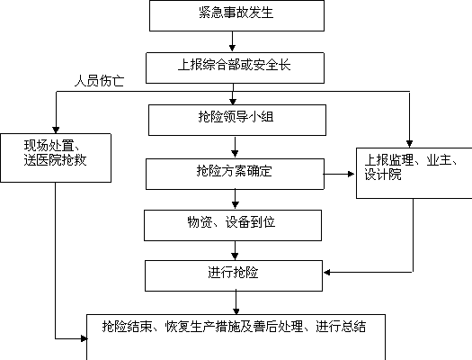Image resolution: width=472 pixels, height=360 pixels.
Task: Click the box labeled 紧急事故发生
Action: pos(236,15)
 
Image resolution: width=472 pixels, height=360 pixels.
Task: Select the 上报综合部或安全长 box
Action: pos(235,68)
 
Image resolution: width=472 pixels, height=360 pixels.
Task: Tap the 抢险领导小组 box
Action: pos(237,121)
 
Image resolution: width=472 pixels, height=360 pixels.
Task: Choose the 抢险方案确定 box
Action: pos(235,174)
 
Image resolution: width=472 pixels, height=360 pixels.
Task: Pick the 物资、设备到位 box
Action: pos(233,225)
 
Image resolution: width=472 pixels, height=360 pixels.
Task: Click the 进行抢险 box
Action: pos(234,276)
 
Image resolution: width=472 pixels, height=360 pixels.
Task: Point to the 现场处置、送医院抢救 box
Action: pos(56,157)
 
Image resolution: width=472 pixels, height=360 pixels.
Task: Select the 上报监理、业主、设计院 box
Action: pos(414,173)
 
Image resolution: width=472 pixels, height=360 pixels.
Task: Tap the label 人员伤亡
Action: pos(99,81)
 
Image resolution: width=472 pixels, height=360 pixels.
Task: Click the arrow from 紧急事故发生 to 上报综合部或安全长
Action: pos(232,41)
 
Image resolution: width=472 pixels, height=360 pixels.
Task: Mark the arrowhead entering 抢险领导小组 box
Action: pos(233,102)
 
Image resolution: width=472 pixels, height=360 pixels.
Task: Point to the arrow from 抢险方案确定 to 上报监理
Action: pos(339,174)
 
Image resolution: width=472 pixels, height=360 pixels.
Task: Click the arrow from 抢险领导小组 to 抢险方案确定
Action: pos(235,147)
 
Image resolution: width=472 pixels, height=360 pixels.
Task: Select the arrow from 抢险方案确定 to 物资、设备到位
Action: pos(235,199)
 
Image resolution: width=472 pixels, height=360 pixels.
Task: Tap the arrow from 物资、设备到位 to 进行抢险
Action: pos(235,250)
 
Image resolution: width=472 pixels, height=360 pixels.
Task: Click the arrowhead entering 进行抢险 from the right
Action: pos(327,273)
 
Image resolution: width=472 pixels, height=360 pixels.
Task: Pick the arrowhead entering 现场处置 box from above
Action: pos(56,130)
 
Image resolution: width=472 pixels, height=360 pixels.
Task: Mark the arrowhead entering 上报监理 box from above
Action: pos(409,144)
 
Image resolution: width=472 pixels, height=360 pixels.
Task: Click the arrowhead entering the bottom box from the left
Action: pos(84,338)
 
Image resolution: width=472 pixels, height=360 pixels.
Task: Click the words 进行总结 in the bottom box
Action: pos(341,327)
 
